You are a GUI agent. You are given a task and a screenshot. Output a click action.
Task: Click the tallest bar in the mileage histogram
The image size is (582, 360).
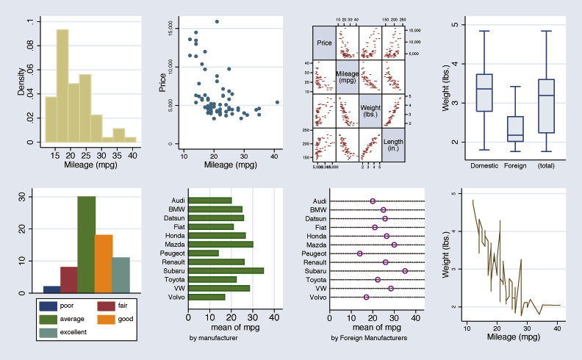[x=62, y=85]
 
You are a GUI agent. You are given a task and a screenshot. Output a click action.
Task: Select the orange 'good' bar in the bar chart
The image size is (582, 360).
[x=104, y=264]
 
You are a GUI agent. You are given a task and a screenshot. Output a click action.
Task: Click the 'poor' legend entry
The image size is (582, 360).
[x=62, y=305]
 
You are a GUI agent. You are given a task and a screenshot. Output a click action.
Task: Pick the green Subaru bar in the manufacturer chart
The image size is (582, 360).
[x=226, y=270]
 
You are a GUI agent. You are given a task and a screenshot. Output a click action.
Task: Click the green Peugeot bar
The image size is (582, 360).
[x=204, y=253]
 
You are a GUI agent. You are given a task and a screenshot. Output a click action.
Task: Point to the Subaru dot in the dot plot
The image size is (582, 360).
[x=405, y=270]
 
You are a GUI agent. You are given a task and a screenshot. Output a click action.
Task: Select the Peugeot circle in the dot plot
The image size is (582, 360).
[x=360, y=253]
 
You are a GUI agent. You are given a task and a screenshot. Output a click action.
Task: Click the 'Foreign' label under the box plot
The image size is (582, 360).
[x=515, y=165]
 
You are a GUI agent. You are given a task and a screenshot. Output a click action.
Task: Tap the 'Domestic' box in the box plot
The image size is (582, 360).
[x=484, y=93]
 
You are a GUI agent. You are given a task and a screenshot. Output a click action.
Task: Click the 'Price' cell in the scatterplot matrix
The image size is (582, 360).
[x=324, y=43]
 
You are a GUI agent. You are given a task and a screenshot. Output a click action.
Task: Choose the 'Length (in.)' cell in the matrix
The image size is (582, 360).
[x=393, y=144]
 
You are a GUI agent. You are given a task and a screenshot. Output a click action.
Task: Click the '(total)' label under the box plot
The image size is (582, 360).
[x=546, y=165]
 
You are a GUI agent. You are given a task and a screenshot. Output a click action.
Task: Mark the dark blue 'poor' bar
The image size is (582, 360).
[x=51, y=289]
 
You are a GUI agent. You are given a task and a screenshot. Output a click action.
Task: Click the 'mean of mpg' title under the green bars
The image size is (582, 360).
[x=231, y=328]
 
